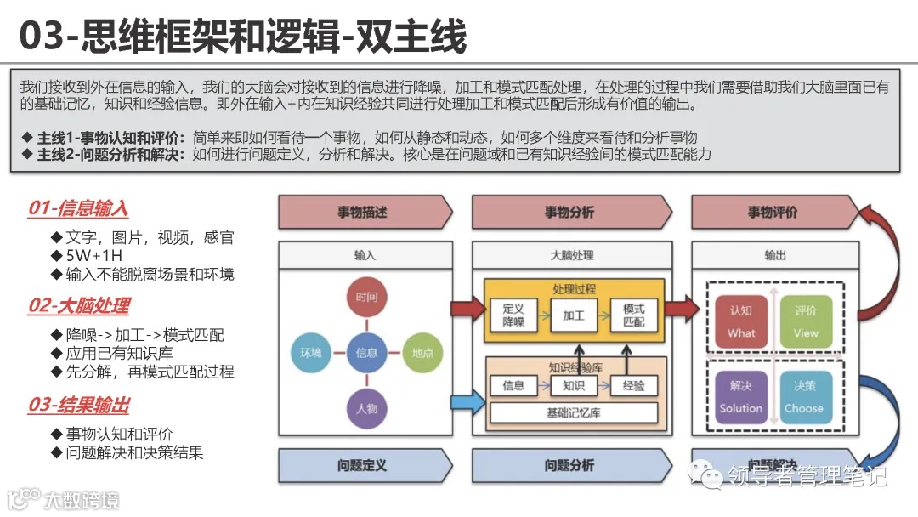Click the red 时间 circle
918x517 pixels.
366,298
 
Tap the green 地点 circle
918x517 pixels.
422,352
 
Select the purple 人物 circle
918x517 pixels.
366,407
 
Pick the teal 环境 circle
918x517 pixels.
311,352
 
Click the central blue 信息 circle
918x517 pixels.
366,352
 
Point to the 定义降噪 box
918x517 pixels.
513,315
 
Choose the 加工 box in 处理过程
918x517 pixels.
574,315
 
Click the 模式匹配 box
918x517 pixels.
633,315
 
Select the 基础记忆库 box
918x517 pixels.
574,413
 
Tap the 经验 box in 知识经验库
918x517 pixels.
633,385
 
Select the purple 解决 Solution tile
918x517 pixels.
741,396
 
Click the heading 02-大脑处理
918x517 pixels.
78,306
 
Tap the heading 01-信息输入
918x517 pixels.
78,208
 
